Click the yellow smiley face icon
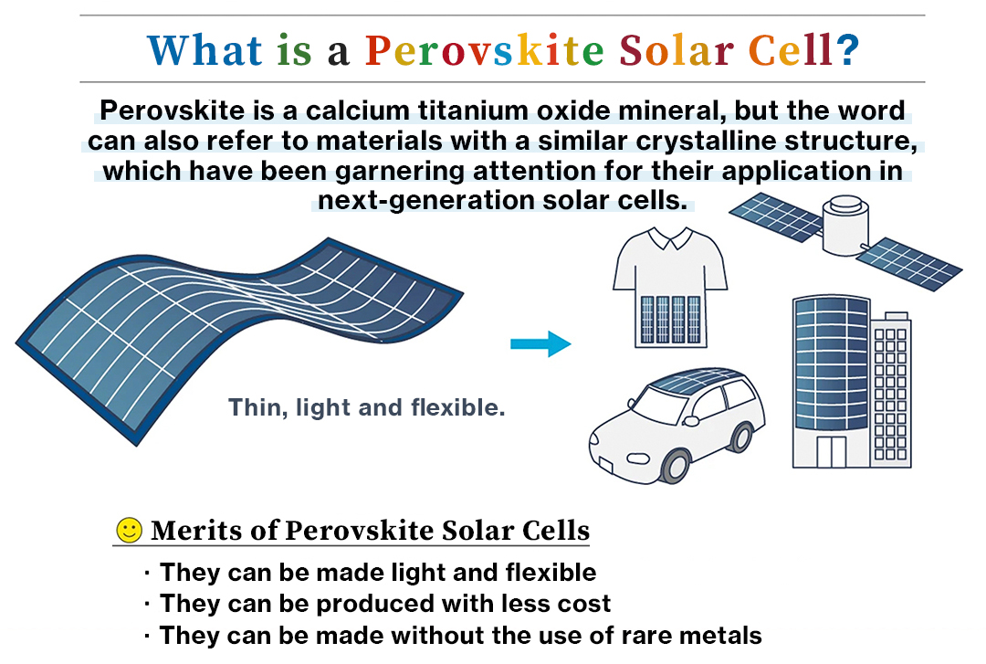pyautogui.click(x=130, y=530)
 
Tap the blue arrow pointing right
pyautogui.click(x=540, y=343)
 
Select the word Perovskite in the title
pyautogui.click(x=484, y=50)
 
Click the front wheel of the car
pyautogui.click(x=676, y=465)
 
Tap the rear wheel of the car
pyautogui.click(x=741, y=437)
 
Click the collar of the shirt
pyautogui.click(x=670, y=237)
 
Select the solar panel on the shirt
pyautogui.click(x=670, y=319)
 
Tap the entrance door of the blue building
pyautogui.click(x=831, y=451)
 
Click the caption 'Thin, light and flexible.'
pyautogui.click(x=366, y=407)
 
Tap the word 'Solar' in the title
pyautogui.click(x=677, y=50)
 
